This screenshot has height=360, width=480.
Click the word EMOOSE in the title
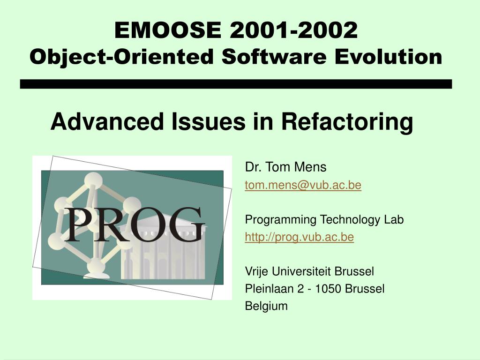[x=168, y=30]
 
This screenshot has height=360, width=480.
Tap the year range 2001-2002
[x=294, y=30]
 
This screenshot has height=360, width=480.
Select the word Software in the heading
[x=274, y=57]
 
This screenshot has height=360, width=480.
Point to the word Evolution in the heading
[x=389, y=57]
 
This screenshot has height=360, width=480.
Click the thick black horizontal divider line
[x=236, y=84]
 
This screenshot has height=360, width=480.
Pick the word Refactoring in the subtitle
[x=347, y=122]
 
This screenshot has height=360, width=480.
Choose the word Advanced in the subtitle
[x=107, y=121]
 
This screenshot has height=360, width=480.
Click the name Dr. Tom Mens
[x=285, y=167]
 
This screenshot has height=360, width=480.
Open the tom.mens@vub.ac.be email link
[x=303, y=185]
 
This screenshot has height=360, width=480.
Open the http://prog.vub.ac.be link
[x=300, y=237]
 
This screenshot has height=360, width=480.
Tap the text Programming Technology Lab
[x=324, y=219]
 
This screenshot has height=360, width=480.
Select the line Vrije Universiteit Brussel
[x=309, y=271]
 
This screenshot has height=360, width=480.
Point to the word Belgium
[x=266, y=306]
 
